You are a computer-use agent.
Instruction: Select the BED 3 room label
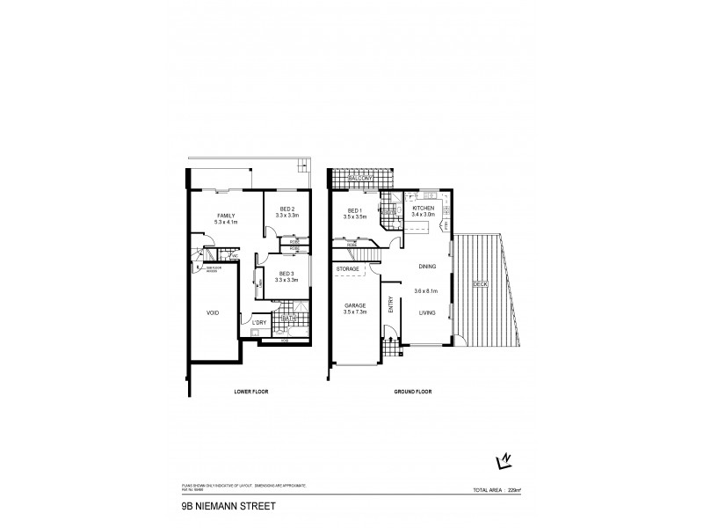click(286, 274)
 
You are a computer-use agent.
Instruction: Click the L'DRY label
click(258, 323)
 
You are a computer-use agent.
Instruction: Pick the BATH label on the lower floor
click(288, 319)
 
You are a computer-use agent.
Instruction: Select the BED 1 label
click(354, 210)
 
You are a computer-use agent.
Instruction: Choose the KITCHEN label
click(424, 208)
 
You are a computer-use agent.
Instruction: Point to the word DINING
click(427, 265)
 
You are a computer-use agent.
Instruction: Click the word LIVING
click(427, 312)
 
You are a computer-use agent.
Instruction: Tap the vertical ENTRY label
click(391, 304)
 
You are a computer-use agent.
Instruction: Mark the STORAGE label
click(348, 268)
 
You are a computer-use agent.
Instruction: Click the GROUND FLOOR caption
click(410, 391)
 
